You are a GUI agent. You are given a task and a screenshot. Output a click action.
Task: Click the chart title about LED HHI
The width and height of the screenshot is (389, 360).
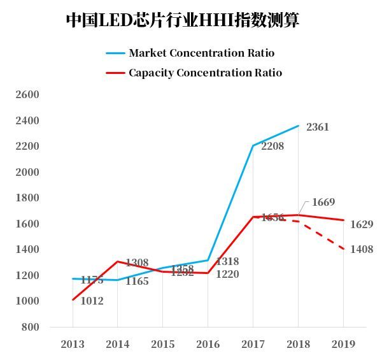[x=183, y=20]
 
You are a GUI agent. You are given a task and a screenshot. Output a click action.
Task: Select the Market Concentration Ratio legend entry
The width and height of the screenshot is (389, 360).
[x=201, y=53]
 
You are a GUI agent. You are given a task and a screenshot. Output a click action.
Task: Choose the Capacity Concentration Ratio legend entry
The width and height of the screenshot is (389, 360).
[x=205, y=73]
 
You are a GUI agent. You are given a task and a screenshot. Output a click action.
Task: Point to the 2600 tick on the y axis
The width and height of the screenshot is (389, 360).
[x=27, y=95]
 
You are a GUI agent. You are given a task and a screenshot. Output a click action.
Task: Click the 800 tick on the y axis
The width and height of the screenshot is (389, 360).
[x=31, y=328]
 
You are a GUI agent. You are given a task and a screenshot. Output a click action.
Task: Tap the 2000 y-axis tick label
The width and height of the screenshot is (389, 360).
[x=27, y=172]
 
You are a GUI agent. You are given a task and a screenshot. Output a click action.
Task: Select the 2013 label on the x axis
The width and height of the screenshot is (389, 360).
[x=72, y=344]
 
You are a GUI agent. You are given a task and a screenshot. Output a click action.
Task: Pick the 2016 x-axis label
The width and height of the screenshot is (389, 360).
[x=208, y=344]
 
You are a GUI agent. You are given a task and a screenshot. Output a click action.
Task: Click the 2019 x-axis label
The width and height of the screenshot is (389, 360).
[x=344, y=344]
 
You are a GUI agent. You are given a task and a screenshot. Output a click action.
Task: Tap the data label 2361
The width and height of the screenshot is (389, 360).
[x=317, y=127]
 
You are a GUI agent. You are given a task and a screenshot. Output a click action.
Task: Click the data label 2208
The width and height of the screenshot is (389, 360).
[x=272, y=147]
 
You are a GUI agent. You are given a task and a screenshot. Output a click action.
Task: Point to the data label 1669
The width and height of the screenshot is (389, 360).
[x=323, y=203]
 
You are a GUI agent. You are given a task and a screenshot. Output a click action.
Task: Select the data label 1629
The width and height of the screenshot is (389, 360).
[x=361, y=224]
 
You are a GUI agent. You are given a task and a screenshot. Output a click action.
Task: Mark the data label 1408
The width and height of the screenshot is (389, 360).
[x=361, y=250]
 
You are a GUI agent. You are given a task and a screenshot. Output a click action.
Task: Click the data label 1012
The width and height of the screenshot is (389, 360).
[x=92, y=301]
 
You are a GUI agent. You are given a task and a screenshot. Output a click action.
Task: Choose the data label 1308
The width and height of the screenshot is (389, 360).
[x=137, y=263]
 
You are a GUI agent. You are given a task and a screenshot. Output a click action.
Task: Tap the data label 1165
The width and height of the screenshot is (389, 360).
[x=137, y=281]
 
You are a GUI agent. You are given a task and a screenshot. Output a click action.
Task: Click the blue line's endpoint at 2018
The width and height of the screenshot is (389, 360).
[x=299, y=126]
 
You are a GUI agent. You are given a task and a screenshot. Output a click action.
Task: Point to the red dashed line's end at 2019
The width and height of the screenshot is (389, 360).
[x=344, y=249]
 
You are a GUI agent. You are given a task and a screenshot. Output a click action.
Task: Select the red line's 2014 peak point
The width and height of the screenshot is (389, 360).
[x=117, y=261]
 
